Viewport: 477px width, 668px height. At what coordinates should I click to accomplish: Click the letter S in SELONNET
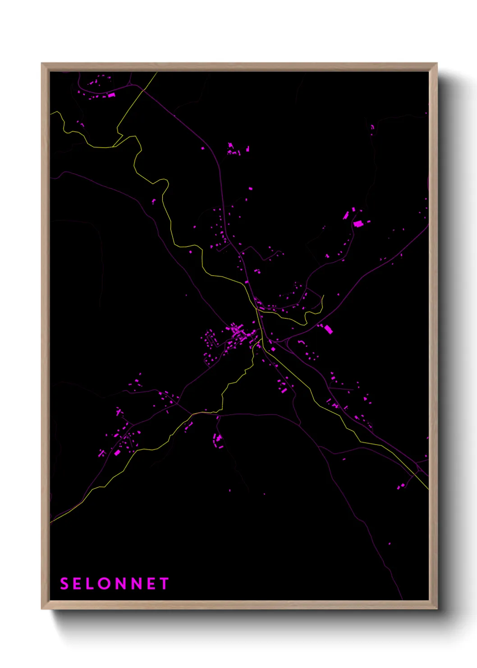click(64, 584)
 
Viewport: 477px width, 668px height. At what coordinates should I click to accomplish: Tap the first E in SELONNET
click(78, 584)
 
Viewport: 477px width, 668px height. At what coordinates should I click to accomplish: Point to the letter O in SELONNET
click(105, 584)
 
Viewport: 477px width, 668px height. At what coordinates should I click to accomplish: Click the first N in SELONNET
click(120, 584)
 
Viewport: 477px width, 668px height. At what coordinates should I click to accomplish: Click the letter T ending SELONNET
click(164, 584)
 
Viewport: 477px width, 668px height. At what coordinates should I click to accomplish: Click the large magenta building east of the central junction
click(328, 329)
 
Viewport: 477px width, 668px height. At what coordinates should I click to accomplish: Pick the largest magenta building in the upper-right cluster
click(358, 223)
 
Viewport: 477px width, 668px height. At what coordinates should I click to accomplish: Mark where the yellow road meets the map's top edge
click(156, 73)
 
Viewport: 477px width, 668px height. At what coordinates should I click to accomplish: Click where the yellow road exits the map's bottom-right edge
click(427, 489)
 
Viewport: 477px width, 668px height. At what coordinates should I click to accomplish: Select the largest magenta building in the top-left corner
click(111, 95)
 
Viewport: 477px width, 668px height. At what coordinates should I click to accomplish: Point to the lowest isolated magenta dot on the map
click(390, 544)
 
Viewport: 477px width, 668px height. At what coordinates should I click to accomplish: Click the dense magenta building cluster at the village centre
click(238, 333)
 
